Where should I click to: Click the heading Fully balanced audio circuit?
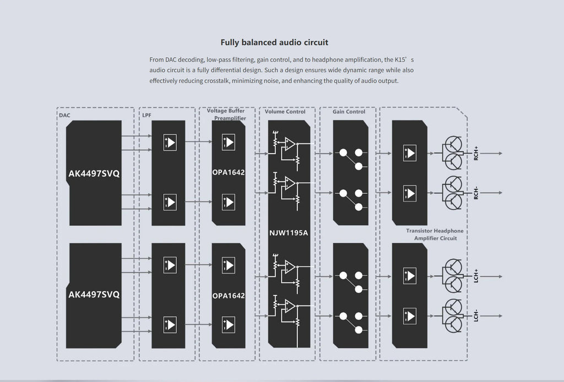(x=274, y=42)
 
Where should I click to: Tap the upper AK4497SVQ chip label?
(x=94, y=174)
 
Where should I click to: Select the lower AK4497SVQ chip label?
(x=94, y=294)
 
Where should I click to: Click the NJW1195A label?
(x=289, y=232)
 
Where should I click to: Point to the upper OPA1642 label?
(x=228, y=172)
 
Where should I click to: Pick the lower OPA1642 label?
(x=228, y=296)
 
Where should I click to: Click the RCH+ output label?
(x=476, y=152)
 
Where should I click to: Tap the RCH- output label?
(x=476, y=193)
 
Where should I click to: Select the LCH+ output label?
(x=476, y=275)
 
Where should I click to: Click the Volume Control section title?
(x=285, y=112)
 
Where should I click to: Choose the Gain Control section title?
(x=349, y=112)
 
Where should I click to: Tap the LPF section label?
(x=147, y=116)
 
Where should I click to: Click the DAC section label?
(x=64, y=115)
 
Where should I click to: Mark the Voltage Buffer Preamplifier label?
(x=226, y=114)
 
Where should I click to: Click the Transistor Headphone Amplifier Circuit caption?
(x=435, y=234)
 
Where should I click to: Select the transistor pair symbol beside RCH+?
(x=453, y=153)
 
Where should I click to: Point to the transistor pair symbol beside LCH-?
(x=453, y=316)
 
